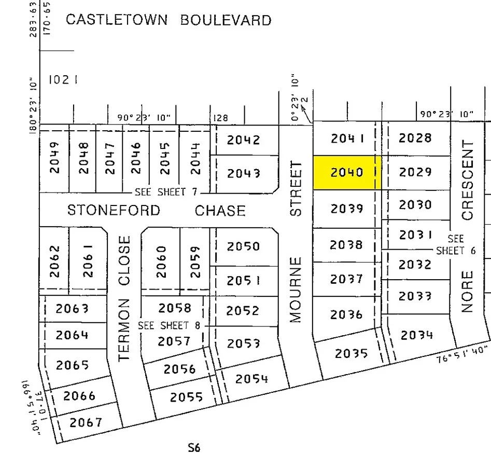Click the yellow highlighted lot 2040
point(346,172)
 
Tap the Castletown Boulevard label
point(169,20)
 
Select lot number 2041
point(346,138)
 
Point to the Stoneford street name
point(114,211)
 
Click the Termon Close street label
point(124,298)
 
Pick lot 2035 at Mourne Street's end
point(351,353)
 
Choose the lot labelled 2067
point(86,422)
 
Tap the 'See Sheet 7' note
point(166,192)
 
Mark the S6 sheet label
point(194,447)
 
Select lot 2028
point(415,138)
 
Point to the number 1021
point(63,80)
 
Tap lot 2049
point(55,158)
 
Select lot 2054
point(251,379)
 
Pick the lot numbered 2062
point(55,260)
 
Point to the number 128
point(221,118)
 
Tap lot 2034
point(417,335)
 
